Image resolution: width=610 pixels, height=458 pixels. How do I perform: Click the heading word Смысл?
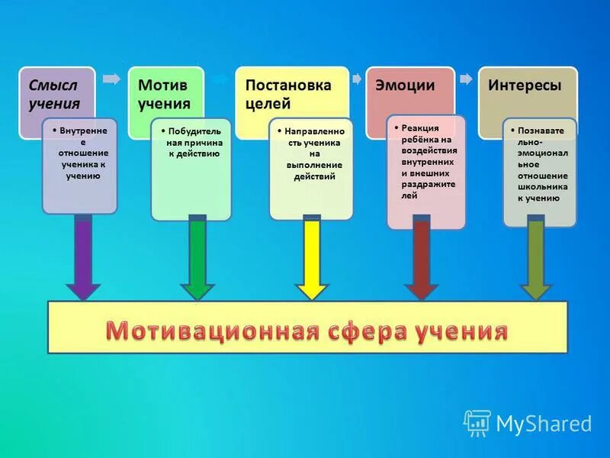51,85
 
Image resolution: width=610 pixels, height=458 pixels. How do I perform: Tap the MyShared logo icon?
477,422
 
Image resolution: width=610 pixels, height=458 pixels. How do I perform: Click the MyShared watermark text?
544,424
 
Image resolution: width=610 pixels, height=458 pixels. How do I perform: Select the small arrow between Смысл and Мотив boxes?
111,79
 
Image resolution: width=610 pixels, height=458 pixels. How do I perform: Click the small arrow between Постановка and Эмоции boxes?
356,79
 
